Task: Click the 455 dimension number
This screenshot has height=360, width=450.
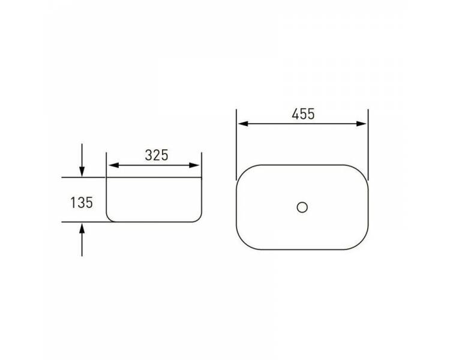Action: click(x=303, y=114)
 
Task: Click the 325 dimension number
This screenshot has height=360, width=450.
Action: click(x=157, y=155)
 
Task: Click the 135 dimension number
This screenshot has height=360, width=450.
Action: click(x=82, y=203)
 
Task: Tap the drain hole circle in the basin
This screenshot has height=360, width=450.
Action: click(x=302, y=207)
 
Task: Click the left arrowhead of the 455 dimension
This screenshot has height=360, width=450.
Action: click(x=243, y=124)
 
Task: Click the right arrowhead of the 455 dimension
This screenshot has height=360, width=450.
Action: click(x=361, y=124)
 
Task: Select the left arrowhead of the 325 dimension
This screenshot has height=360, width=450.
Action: click(x=113, y=166)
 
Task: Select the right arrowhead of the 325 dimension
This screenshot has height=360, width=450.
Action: click(x=194, y=166)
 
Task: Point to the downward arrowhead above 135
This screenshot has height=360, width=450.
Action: click(x=82, y=172)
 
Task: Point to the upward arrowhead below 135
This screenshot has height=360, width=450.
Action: click(x=82, y=228)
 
